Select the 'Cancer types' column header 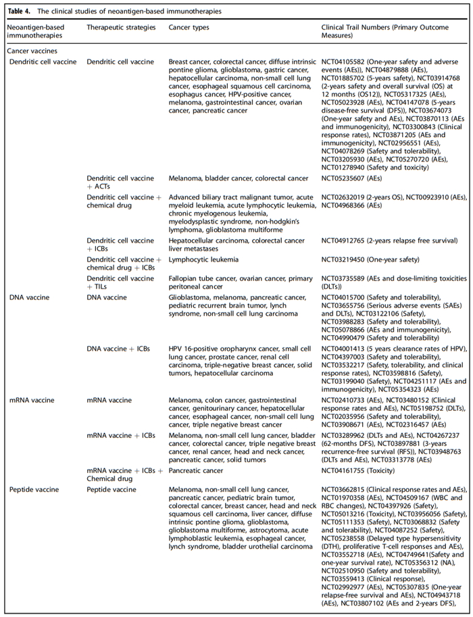189,28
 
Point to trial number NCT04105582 345,62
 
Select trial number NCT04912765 345,241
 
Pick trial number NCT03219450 345,260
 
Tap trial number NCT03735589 345,278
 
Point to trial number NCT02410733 345,382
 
